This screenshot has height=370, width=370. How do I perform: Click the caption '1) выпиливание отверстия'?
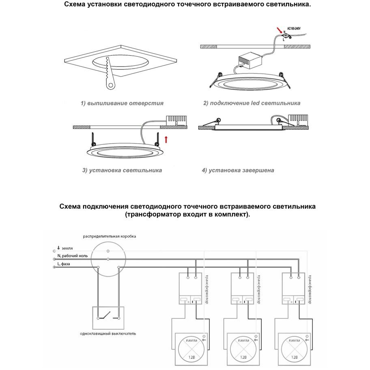[x=122, y=103]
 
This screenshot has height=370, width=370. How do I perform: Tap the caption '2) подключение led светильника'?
[x=252, y=103]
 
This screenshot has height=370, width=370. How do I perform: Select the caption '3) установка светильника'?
[x=122, y=170]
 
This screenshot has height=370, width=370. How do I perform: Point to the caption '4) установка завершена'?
[x=238, y=170]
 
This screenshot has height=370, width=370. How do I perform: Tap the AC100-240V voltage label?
[x=295, y=29]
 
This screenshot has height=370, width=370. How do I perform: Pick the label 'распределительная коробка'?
[x=110, y=236]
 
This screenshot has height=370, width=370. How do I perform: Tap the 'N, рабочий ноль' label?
[x=73, y=256]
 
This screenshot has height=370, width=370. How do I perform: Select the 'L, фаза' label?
[x=64, y=264]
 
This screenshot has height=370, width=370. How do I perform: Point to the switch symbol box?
[x=108, y=318]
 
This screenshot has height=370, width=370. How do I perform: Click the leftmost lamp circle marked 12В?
[x=191, y=348]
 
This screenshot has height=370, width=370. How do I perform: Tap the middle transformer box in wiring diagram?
[x=243, y=288]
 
